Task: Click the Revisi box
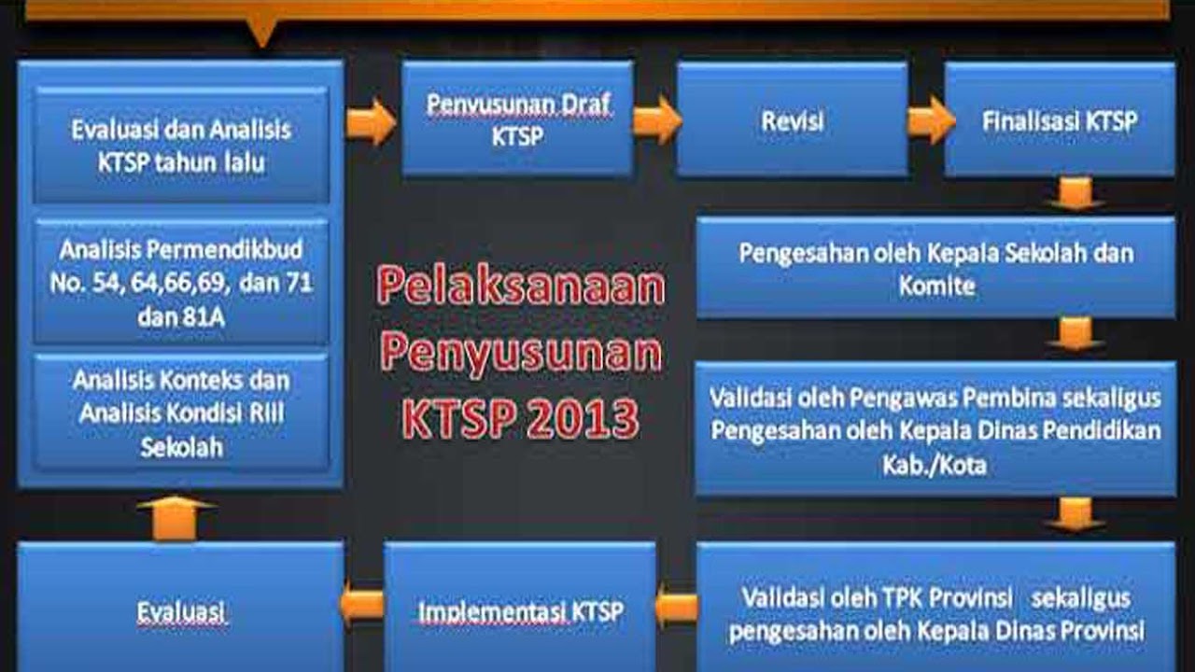[x=792, y=119]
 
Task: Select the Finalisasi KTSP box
[x=1059, y=119]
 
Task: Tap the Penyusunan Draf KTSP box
[x=517, y=119]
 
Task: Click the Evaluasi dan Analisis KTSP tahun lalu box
[x=181, y=145]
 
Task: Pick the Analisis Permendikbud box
[x=181, y=282]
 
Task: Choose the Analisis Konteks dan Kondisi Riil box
[x=181, y=413]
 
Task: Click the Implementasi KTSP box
[x=520, y=610]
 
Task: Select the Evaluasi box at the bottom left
[x=181, y=610]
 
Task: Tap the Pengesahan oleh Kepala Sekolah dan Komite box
[x=935, y=269]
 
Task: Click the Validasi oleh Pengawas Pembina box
[x=935, y=429]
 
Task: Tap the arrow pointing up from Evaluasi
[x=175, y=517]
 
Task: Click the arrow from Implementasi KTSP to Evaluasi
[x=362, y=605]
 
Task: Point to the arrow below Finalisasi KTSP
[x=1075, y=194]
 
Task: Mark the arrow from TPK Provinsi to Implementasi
[x=676, y=608]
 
